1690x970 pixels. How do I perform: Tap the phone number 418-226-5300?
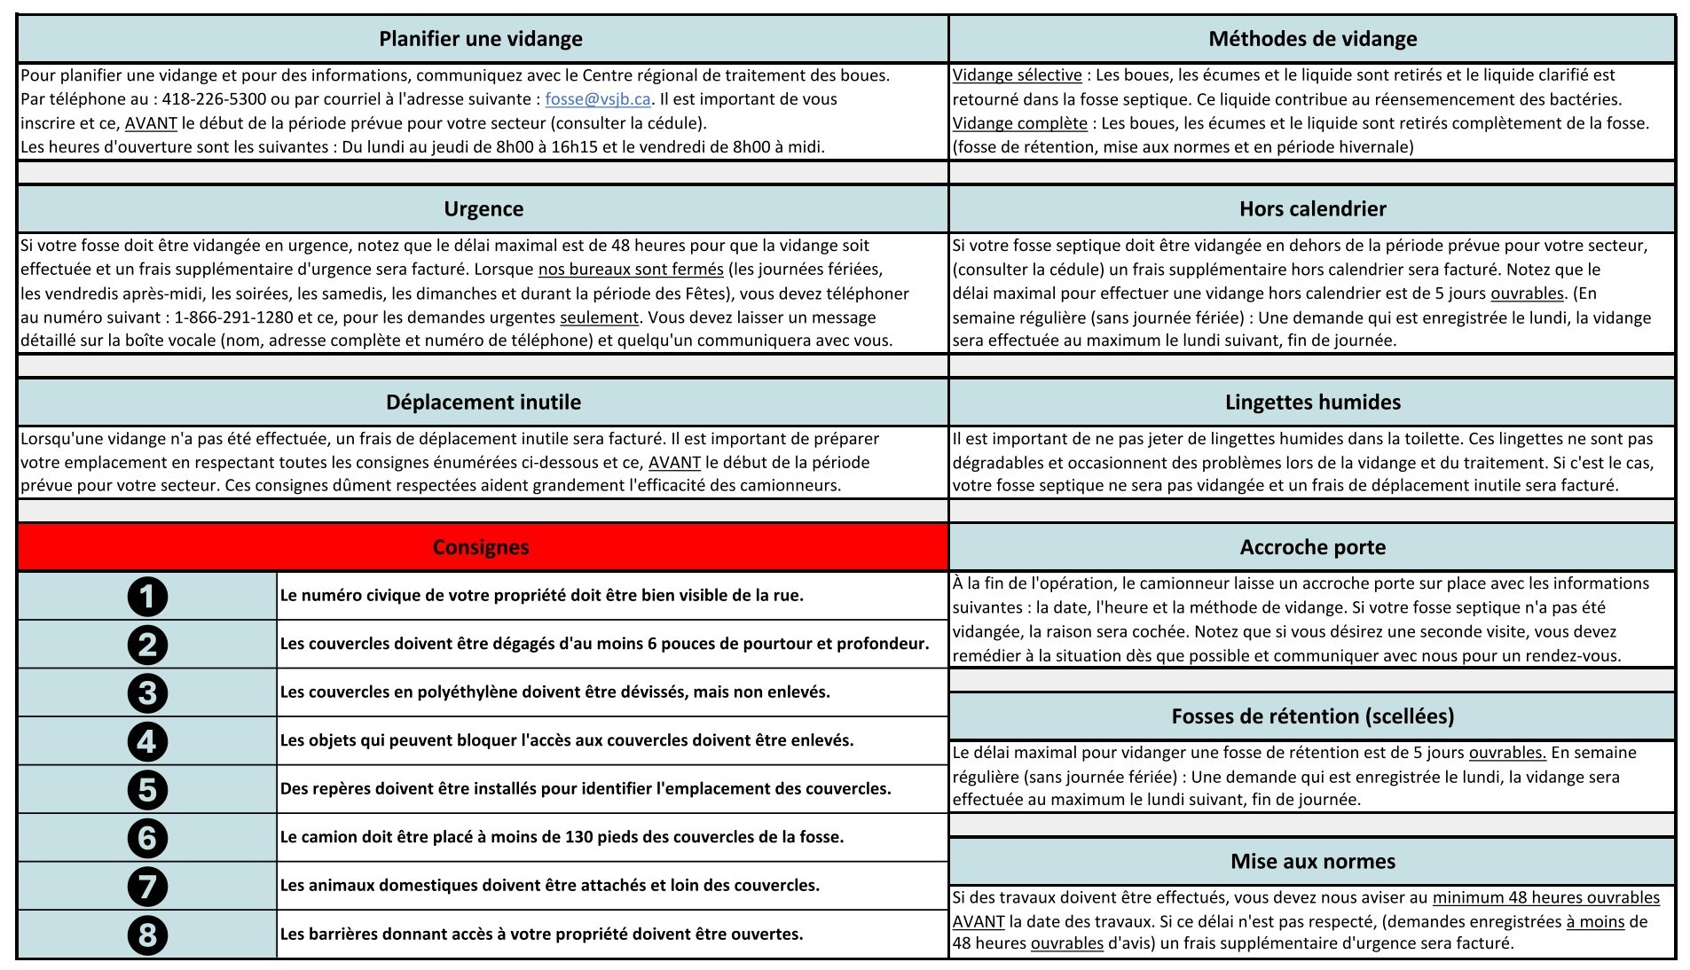click(x=214, y=99)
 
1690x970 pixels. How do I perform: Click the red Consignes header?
click(x=481, y=547)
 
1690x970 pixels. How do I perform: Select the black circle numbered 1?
click(x=147, y=596)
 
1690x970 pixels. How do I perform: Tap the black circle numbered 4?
click(x=147, y=740)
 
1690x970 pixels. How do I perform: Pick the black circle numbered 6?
click(x=147, y=837)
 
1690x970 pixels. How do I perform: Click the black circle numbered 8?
click(x=147, y=935)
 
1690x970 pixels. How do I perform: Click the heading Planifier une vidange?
click(x=481, y=39)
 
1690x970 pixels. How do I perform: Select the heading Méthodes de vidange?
click(x=1312, y=39)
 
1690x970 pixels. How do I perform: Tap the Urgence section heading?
click(x=483, y=209)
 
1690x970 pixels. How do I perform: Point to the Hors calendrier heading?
click(x=1312, y=209)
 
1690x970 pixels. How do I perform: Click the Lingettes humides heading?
click(x=1312, y=403)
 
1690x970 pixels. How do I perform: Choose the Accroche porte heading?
click(x=1312, y=547)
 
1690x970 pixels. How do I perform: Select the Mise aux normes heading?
click(x=1312, y=861)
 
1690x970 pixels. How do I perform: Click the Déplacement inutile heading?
click(x=483, y=403)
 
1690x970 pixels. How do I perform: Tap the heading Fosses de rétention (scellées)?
click(x=1312, y=716)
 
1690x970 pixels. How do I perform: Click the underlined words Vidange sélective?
click(x=1017, y=75)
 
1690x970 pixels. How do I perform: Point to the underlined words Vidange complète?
click(x=1019, y=123)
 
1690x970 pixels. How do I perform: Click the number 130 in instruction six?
click(x=579, y=837)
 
